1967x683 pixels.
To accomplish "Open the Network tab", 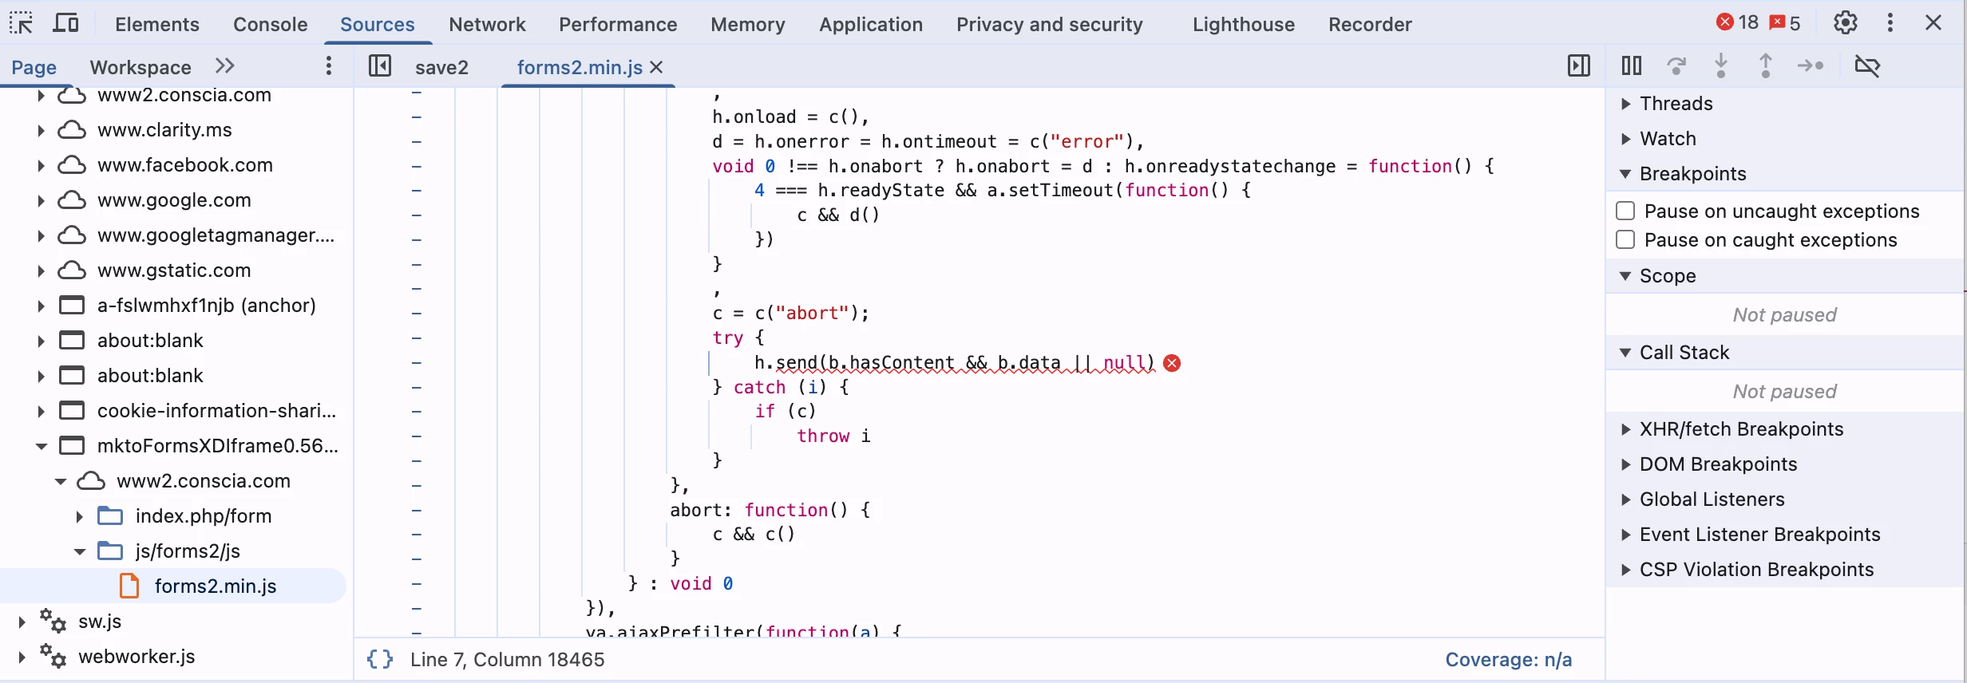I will point(487,25).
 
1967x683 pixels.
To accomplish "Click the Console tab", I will point(270,25).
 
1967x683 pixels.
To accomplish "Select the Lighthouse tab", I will point(1243,25).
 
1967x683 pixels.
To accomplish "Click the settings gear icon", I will point(1845,23).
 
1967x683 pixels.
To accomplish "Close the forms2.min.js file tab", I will point(657,68).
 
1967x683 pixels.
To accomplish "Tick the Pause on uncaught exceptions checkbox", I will point(1625,211).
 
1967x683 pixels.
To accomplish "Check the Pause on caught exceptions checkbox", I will point(1625,240).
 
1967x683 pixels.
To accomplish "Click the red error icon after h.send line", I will point(1172,364).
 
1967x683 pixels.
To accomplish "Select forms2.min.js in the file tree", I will point(216,586).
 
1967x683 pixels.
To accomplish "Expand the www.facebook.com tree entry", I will point(41,166).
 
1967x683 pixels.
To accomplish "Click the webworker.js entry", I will point(137,657).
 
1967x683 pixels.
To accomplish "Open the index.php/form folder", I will point(203,516).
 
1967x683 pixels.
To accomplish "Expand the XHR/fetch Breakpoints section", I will point(1740,429).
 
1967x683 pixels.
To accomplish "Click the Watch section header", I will point(1668,139).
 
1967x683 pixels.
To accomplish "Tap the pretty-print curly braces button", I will point(380,660).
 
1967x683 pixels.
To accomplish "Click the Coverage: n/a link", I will point(1508,660).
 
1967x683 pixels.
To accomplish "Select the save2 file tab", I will point(441,68).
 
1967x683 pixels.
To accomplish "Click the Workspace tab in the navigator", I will point(140,68).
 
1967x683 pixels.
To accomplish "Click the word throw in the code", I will point(823,436).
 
